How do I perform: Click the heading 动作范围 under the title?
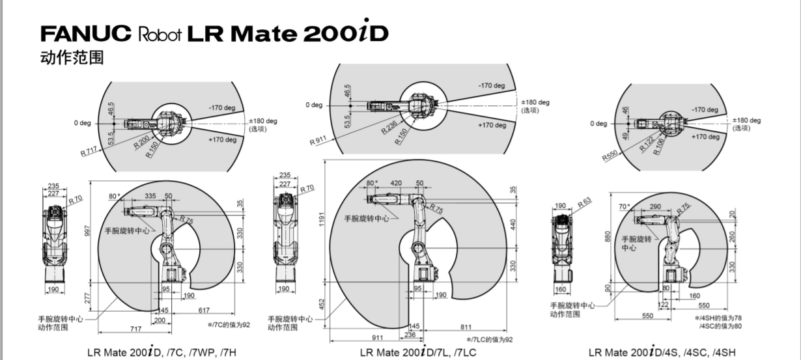click(72, 57)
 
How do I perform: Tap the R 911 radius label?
click(318, 139)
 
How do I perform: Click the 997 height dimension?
click(87, 232)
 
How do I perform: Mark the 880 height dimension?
click(607, 238)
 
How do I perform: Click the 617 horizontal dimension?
click(204, 310)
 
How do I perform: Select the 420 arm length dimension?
click(395, 184)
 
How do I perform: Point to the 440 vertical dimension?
click(513, 223)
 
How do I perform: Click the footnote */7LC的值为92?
click(490, 339)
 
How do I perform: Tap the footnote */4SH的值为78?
click(718, 318)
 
